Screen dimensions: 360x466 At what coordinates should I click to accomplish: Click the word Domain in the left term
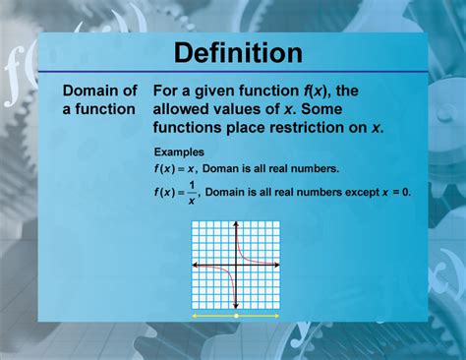pos(87,91)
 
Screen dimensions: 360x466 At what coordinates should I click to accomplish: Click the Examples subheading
pos(179,152)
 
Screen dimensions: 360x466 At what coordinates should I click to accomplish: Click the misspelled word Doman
pos(222,170)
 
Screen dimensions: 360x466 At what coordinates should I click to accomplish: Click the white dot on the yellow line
pos(237,316)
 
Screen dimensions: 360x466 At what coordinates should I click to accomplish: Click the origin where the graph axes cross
pos(237,266)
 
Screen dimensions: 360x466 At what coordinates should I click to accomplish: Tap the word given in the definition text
pos(225,91)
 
